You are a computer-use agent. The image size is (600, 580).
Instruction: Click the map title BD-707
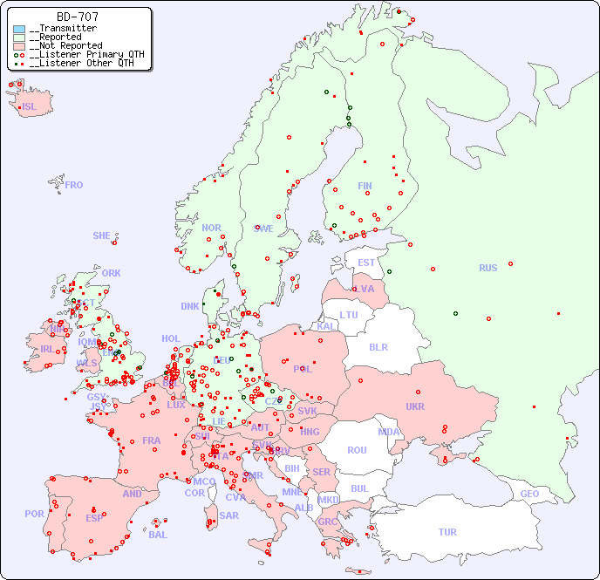77,17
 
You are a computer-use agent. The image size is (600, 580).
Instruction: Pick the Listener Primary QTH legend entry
80,54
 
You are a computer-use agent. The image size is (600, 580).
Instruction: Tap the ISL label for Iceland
30,107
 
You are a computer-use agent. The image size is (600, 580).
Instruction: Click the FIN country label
365,186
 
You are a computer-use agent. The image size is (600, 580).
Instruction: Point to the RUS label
487,268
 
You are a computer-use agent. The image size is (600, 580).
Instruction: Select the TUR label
447,532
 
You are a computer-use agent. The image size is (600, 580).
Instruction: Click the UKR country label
414,406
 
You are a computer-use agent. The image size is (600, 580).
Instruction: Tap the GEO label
529,494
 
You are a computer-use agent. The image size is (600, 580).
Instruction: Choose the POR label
34,514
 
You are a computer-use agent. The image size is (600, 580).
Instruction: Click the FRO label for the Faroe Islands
74,185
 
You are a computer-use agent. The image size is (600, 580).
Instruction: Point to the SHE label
102,235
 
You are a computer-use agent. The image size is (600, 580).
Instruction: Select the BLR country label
378,346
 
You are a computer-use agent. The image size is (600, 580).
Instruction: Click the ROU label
357,450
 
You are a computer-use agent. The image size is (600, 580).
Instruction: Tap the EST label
366,263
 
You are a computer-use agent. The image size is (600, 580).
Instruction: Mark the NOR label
211,228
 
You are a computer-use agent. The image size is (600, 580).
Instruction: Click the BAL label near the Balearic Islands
158,535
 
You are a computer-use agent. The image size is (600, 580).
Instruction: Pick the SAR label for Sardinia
228,515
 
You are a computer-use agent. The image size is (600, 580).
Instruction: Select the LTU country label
349,315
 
